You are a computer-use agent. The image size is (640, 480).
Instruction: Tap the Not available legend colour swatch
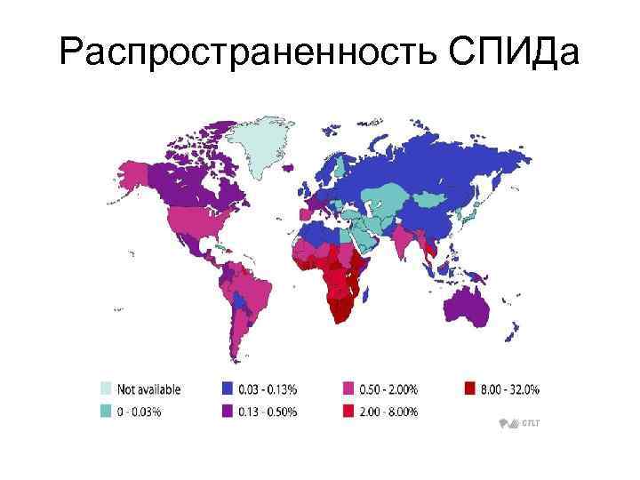click(x=105, y=389)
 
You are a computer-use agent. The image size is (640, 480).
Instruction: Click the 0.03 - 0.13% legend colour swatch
click(x=227, y=389)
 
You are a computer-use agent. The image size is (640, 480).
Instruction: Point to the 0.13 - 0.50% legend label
click(x=268, y=411)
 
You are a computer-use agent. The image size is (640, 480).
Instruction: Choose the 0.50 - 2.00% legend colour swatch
click(x=348, y=389)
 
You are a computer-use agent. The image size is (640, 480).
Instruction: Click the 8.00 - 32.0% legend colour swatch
click(x=469, y=389)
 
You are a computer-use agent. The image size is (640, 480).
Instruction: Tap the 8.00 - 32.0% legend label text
click(x=510, y=389)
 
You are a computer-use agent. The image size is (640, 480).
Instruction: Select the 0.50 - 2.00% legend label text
click(x=388, y=389)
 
